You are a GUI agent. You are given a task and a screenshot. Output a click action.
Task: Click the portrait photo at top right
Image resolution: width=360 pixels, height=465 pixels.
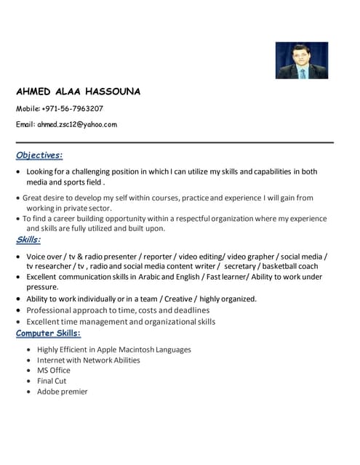[301, 60]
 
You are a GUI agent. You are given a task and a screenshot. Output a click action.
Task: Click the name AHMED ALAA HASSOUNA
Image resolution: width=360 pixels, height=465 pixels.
[78, 92]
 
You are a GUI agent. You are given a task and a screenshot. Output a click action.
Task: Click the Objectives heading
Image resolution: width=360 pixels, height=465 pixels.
[39, 155]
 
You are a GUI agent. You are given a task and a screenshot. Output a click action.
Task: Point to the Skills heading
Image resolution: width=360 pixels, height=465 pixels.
[28, 240]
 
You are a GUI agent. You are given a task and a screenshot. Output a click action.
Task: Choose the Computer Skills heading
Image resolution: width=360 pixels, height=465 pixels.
[49, 333]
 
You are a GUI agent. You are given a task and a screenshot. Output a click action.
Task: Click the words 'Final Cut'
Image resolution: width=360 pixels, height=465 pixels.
[52, 381]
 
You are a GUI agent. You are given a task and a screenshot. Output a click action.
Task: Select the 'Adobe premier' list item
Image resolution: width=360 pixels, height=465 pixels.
[63, 392]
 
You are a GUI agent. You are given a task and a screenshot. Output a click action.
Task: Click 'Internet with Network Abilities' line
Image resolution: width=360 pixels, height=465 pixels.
[89, 360]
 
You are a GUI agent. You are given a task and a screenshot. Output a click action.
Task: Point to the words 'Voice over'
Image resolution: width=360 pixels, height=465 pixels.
[44, 256]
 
